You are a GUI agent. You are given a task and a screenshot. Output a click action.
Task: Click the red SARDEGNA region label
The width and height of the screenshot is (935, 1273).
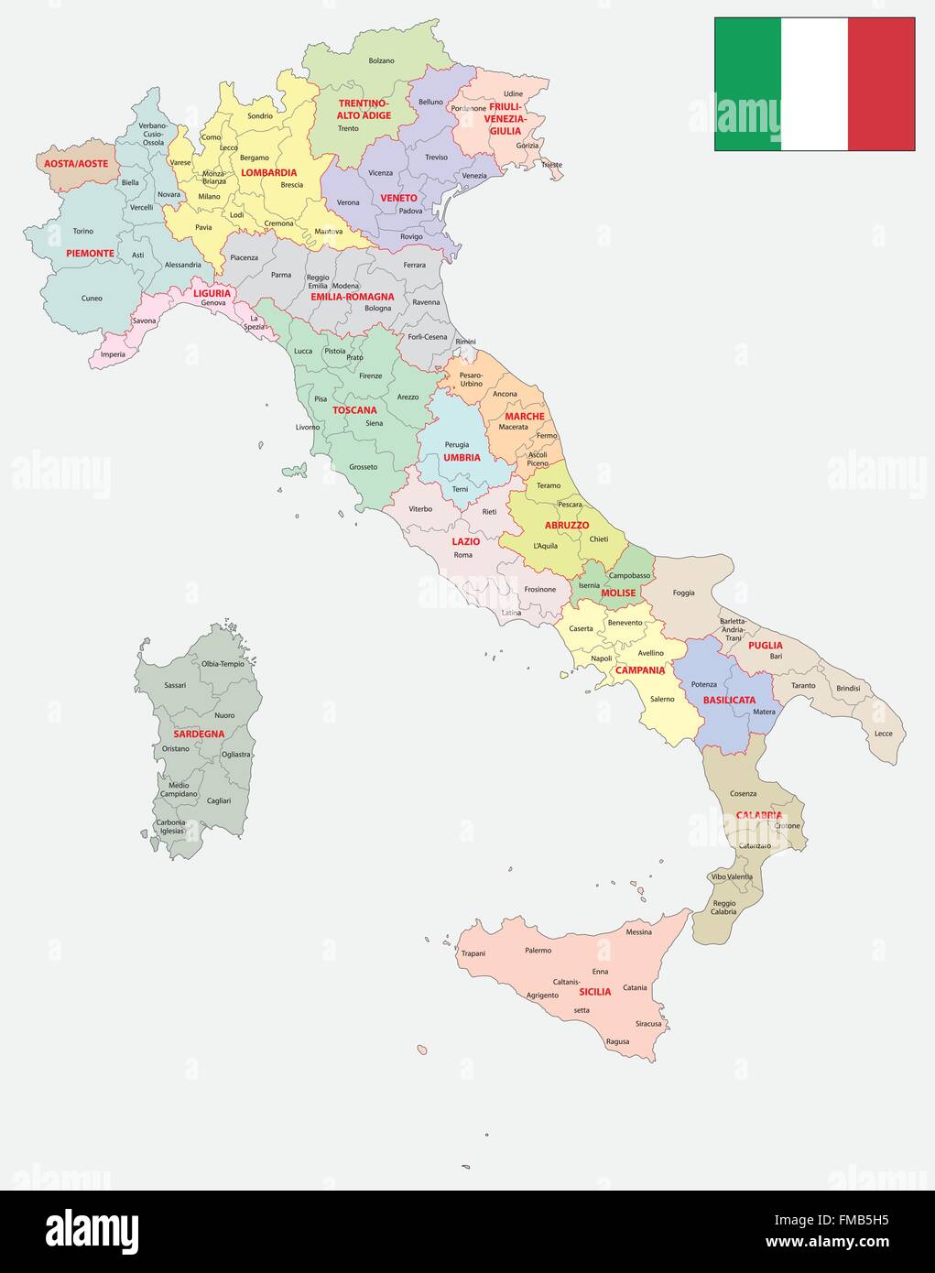(199, 734)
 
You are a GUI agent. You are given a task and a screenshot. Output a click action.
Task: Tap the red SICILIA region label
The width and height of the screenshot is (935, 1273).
(595, 992)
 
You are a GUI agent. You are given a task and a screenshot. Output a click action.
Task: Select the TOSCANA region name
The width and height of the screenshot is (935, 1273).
(354, 410)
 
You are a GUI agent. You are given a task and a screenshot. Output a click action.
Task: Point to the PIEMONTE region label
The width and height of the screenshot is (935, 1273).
(90, 253)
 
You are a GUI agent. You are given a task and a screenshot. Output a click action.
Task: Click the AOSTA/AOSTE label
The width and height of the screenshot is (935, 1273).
(76, 164)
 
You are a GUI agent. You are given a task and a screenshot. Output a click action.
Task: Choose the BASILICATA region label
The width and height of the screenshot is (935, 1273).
(729, 700)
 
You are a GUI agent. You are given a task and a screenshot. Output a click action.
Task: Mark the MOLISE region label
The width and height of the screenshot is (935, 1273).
(618, 593)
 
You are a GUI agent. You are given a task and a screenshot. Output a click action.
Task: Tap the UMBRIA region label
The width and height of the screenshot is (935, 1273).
(462, 457)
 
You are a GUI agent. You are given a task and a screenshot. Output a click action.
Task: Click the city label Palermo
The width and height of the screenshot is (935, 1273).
(538, 950)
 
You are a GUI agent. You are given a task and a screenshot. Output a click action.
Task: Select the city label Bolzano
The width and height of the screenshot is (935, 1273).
(381, 60)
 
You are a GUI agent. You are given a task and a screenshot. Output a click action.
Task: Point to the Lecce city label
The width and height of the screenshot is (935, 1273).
(883, 734)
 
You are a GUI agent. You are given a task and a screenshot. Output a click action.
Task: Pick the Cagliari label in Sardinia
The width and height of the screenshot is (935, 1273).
(219, 800)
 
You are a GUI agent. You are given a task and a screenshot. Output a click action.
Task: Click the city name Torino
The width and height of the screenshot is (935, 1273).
(83, 231)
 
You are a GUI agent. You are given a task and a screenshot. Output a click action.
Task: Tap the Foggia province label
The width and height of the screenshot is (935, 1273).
(683, 593)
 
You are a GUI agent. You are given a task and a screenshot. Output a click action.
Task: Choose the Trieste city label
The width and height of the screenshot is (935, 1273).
(551, 165)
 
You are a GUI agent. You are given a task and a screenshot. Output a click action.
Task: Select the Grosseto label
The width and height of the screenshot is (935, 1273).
(363, 467)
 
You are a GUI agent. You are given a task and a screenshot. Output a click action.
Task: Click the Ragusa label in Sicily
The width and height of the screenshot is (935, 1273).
(617, 1041)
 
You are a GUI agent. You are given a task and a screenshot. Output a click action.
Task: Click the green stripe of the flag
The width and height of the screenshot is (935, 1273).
(747, 84)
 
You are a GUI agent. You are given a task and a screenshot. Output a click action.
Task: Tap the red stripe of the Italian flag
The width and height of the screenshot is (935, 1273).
(881, 84)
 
